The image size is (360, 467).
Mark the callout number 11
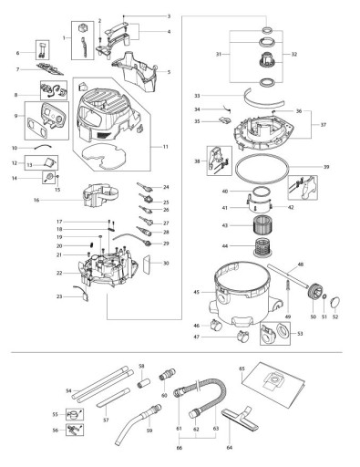click(164, 147)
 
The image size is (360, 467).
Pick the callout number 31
click(217, 55)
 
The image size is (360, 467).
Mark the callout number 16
click(60, 199)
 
